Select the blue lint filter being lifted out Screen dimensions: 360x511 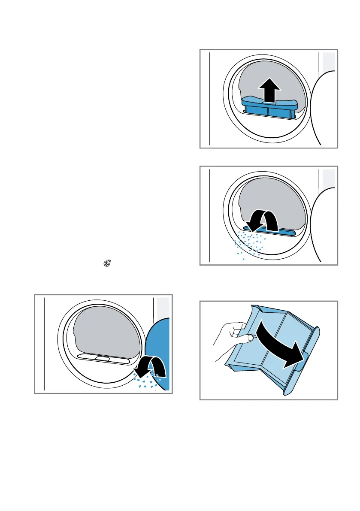pos(269,109)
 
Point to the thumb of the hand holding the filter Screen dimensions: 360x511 pos(243,339)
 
